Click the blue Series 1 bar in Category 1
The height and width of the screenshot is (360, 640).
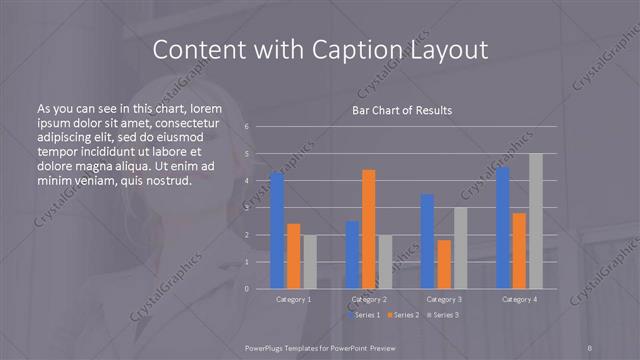277,230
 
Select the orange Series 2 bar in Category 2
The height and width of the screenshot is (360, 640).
369,229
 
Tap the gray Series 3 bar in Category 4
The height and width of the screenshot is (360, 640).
536,221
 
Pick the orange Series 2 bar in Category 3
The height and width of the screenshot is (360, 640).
444,264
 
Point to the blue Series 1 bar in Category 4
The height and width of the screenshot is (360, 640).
502,227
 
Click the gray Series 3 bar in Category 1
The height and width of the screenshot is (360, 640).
310,262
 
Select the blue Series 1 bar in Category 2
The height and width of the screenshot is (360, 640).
352,255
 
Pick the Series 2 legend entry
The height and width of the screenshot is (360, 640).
402,315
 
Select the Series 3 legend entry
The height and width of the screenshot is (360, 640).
443,315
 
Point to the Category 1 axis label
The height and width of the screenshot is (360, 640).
293,299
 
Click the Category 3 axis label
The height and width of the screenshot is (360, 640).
444,299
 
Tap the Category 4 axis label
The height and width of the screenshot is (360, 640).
519,299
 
